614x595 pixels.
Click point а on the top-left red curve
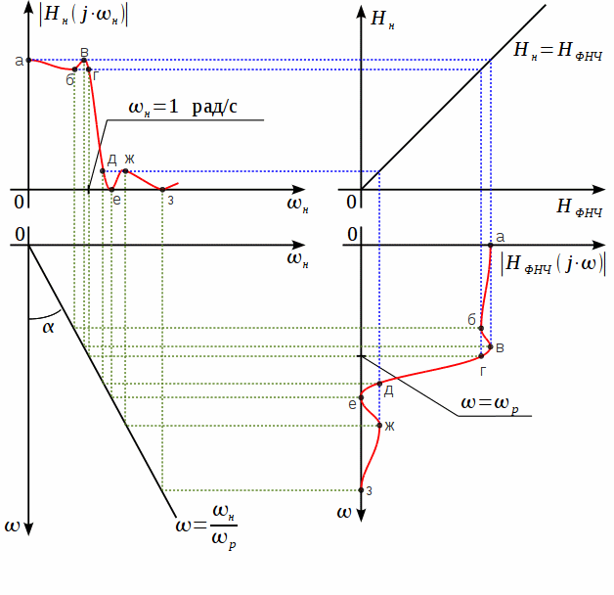pyautogui.click(x=28, y=61)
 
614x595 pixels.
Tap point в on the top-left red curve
pyautogui.click(x=84, y=61)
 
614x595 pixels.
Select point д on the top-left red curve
pyautogui.click(x=103, y=171)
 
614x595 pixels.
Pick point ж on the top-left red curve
pyautogui.click(x=125, y=171)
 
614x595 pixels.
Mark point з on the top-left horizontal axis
pyautogui.click(x=162, y=189)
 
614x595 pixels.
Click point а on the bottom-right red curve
pyautogui.click(x=490, y=246)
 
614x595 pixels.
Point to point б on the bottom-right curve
pyautogui.click(x=482, y=328)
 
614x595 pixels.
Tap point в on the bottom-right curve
pyautogui.click(x=491, y=346)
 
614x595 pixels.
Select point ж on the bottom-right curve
pyautogui.click(x=379, y=425)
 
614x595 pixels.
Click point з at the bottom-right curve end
pyautogui.click(x=362, y=489)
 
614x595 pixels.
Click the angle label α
pyautogui.click(x=49, y=327)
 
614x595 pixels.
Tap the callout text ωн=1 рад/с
pyautogui.click(x=182, y=108)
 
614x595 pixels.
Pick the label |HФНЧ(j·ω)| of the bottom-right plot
pyautogui.click(x=551, y=264)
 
